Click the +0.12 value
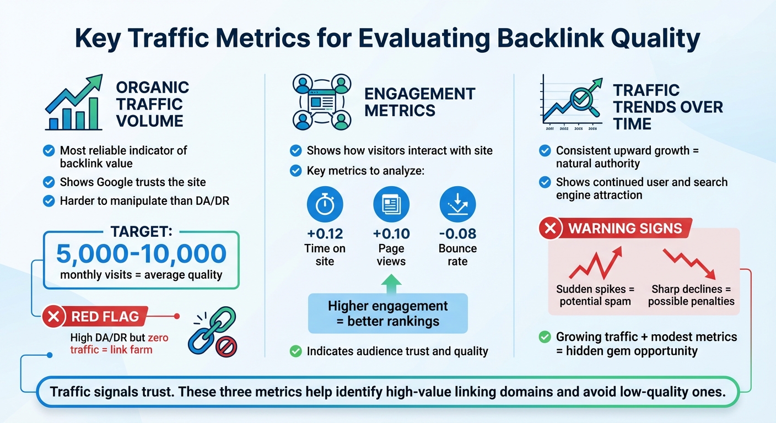(325, 234)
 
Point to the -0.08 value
(457, 234)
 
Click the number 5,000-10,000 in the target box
(142, 253)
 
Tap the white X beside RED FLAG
(54, 317)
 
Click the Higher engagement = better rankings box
(387, 313)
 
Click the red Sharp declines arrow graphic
(689, 264)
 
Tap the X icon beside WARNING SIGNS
(551, 228)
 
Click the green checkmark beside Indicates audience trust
(296, 351)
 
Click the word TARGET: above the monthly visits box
(142, 232)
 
